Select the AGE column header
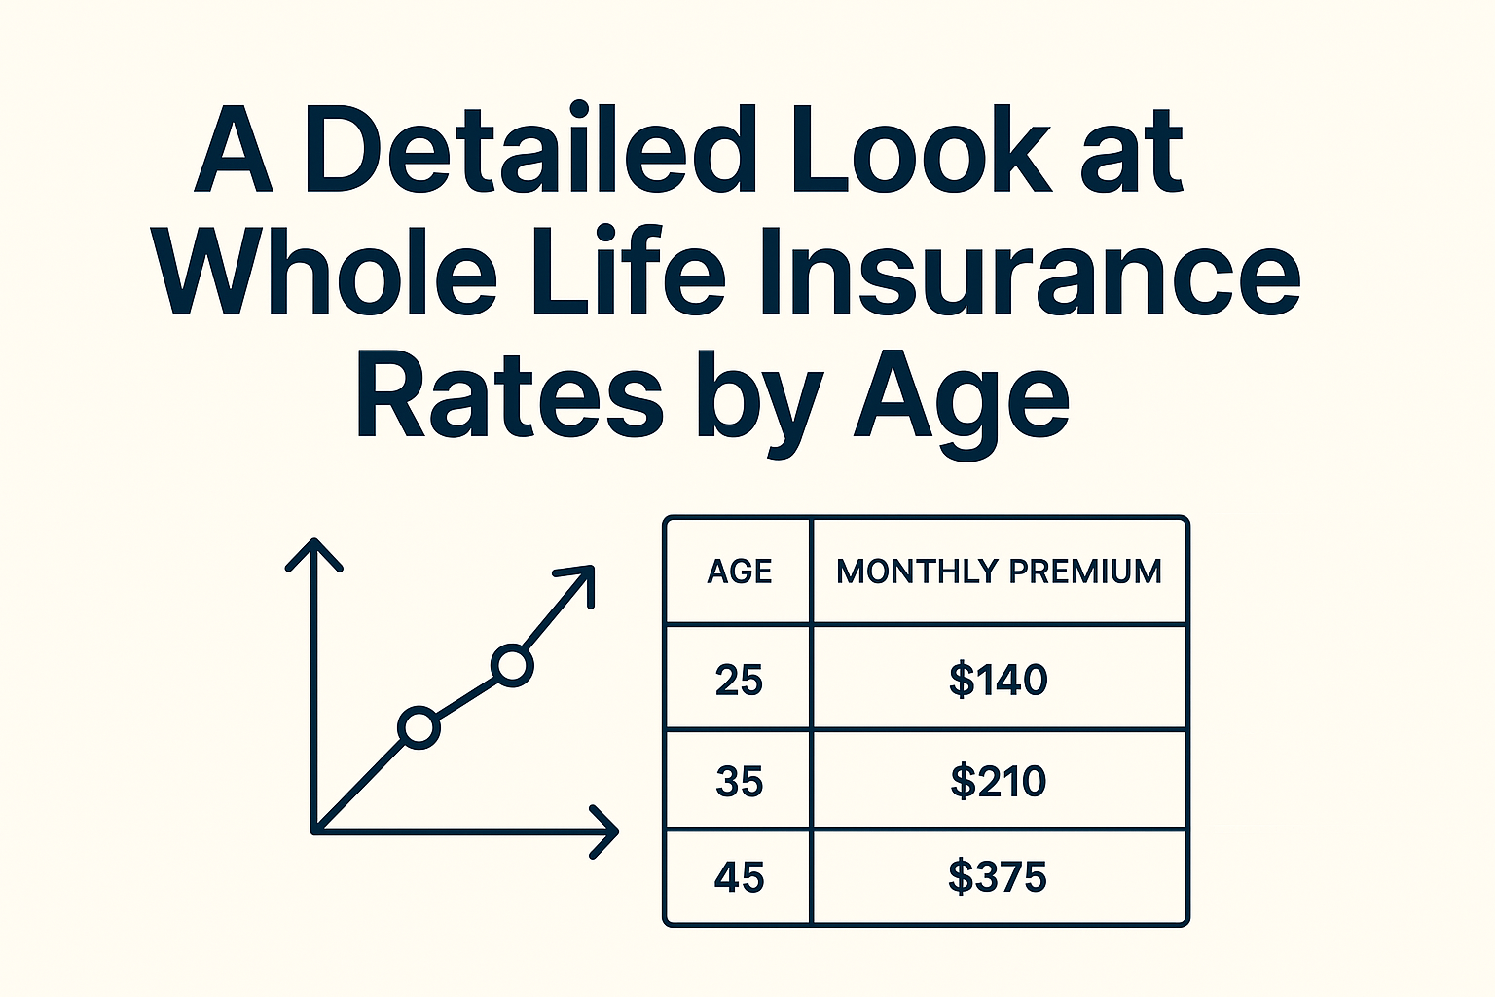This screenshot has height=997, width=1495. point(740,571)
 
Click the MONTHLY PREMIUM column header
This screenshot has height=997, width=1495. point(999,571)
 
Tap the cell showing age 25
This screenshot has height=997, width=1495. point(739,680)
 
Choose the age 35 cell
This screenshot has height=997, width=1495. point(739,781)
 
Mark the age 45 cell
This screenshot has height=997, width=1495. point(739,878)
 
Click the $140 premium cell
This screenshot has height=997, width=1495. point(999,680)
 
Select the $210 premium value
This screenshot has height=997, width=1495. point(999,781)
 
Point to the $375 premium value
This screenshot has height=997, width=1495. point(999,878)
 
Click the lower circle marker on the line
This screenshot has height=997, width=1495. point(419,727)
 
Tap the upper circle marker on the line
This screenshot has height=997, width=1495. point(512,666)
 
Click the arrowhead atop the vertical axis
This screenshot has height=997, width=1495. point(313,553)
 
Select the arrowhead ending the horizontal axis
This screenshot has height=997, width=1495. point(605,831)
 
